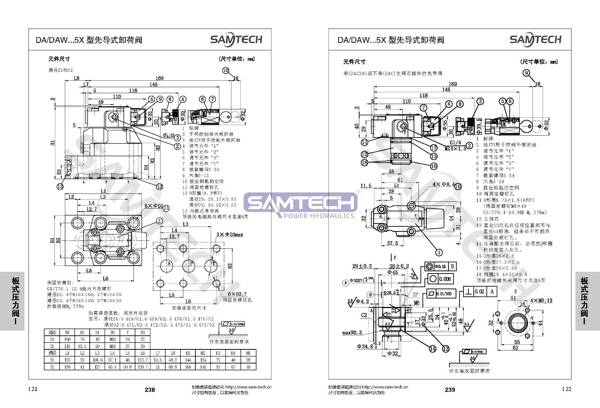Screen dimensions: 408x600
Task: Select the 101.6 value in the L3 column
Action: pos(97,360)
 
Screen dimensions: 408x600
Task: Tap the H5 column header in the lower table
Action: pos(248,353)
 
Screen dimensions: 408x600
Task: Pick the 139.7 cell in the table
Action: pos(142,367)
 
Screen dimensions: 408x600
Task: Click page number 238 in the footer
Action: pos(150,390)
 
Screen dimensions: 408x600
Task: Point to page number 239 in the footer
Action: pos(450,390)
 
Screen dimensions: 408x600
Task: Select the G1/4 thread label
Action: pos(455,143)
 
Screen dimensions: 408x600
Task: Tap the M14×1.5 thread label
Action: pos(455,148)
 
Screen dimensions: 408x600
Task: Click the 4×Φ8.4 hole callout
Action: pos(443,184)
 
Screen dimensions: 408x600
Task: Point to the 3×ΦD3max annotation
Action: pos(229,234)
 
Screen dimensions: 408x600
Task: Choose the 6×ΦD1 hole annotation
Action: pos(154,206)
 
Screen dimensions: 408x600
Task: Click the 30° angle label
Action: pos(415,295)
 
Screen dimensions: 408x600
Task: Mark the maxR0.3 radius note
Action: pos(352,332)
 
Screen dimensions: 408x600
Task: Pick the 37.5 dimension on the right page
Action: pos(392,243)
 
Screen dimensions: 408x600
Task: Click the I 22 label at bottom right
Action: pos(567,389)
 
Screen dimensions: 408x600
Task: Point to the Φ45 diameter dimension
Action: pos(392,272)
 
